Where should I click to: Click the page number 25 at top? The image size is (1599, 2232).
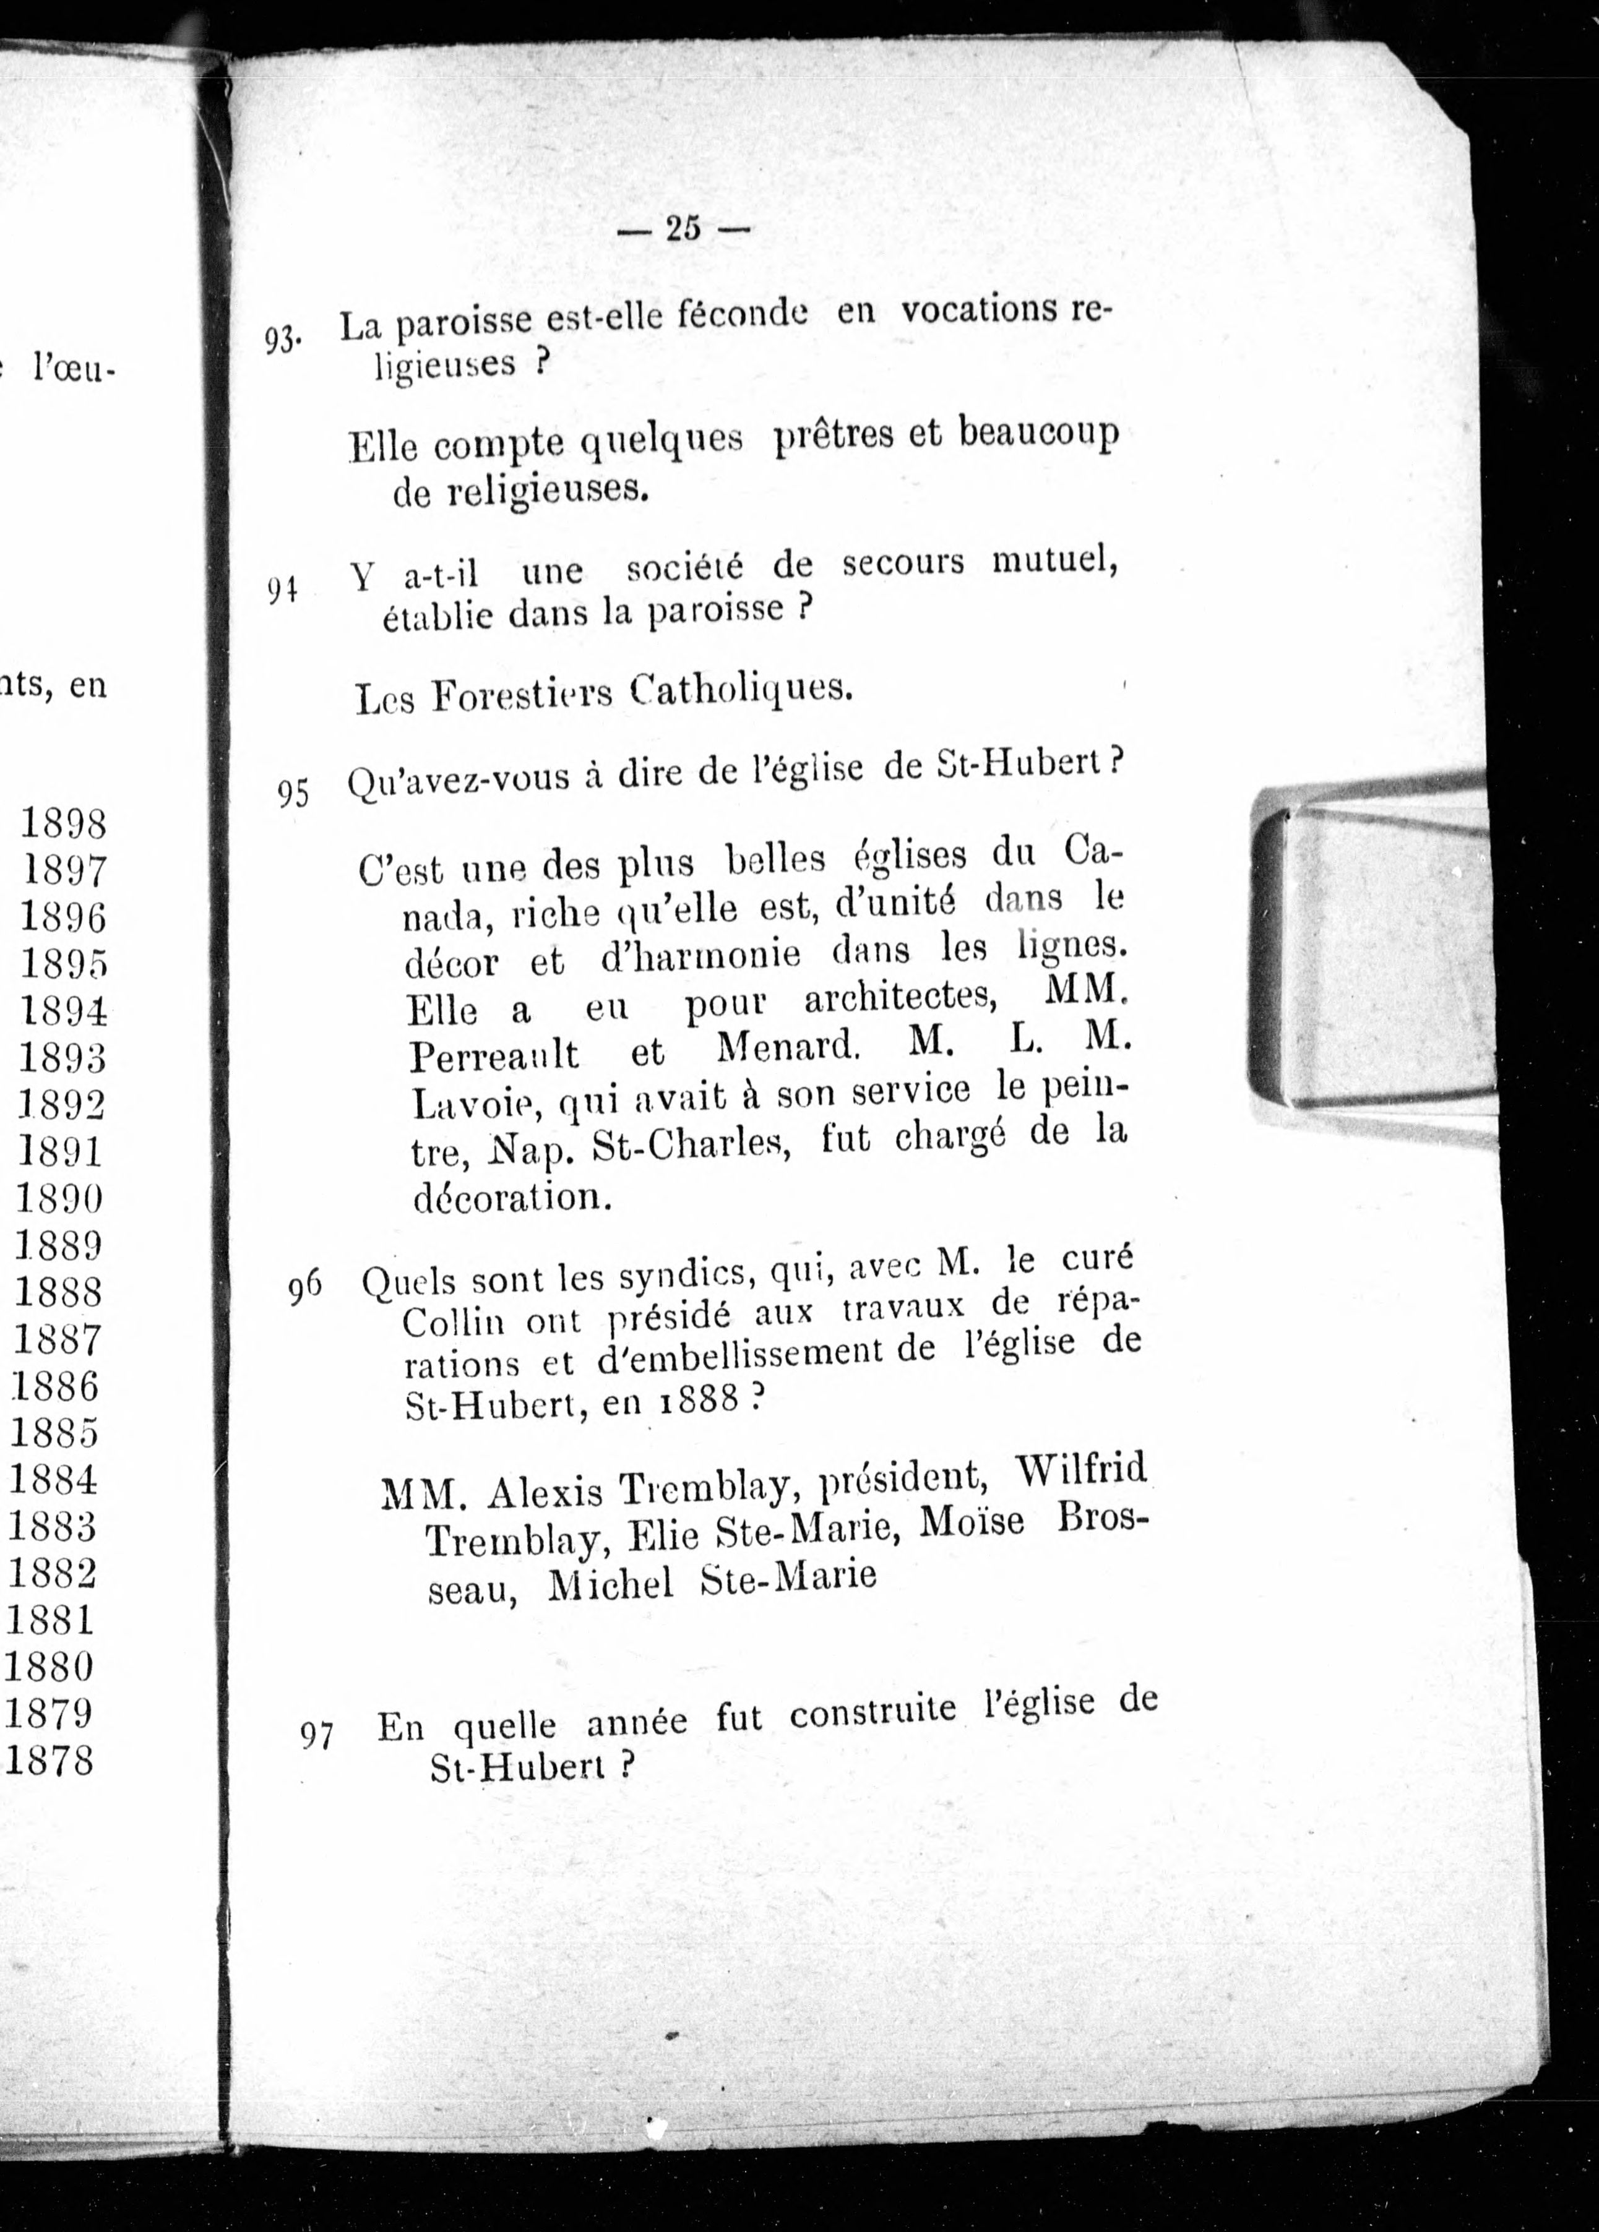pyautogui.click(x=683, y=228)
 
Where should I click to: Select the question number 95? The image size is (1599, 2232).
pyautogui.click(x=293, y=792)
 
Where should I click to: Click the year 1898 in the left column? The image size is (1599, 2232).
pyautogui.click(x=63, y=823)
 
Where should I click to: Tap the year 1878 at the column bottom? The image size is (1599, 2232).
pyautogui.click(x=50, y=1759)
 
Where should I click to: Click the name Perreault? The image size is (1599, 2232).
pyautogui.click(x=494, y=1056)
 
